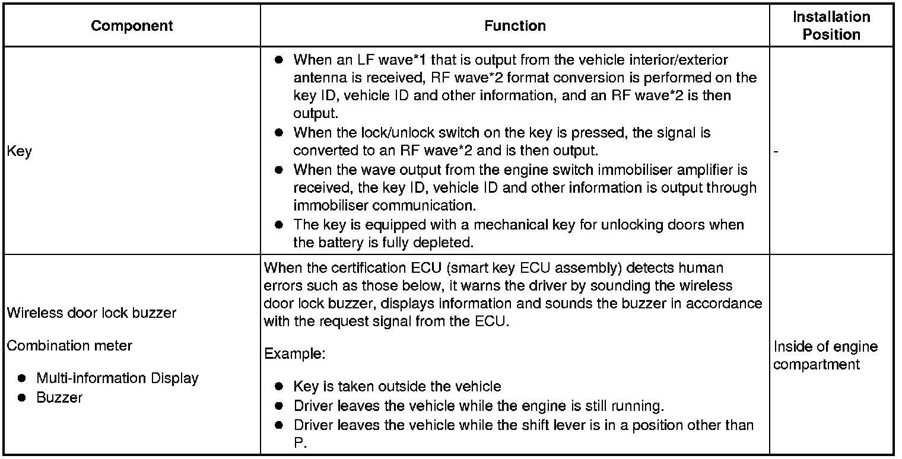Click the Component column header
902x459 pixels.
click(132, 26)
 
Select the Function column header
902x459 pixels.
click(514, 26)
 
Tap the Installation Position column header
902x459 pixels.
click(831, 26)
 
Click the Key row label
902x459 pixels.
click(19, 151)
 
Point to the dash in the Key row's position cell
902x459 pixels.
click(776, 151)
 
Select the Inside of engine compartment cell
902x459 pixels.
click(825, 355)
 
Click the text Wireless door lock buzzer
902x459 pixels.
click(91, 313)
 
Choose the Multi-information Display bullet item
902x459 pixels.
click(117, 378)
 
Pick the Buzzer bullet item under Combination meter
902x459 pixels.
click(59, 397)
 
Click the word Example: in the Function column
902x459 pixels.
click(294, 354)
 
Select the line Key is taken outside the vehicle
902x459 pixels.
click(397, 387)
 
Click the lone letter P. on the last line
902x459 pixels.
click(300, 444)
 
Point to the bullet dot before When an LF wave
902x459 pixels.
click(280, 60)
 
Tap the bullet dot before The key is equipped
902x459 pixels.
click(280, 225)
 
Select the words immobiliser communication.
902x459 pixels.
click(384, 206)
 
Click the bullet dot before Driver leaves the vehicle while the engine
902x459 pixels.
click(280, 406)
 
